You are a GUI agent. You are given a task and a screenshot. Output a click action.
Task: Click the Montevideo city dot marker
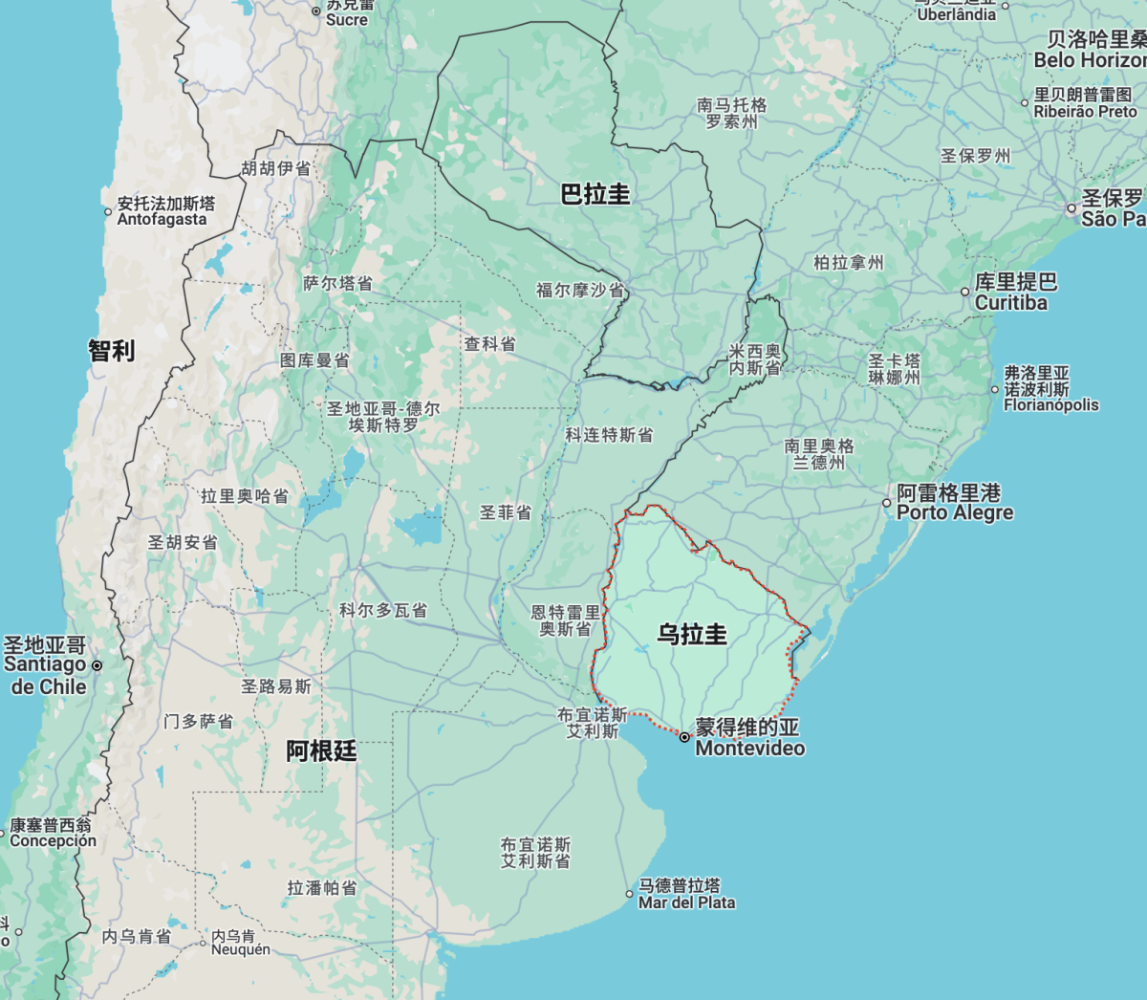[x=684, y=737]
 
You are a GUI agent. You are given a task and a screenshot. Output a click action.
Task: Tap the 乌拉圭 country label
[x=692, y=634]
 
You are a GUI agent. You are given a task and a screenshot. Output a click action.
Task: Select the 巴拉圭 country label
[x=595, y=194]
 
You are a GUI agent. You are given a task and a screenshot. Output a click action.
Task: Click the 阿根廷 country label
[x=321, y=751]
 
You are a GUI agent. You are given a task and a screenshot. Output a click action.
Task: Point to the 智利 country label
[x=112, y=351]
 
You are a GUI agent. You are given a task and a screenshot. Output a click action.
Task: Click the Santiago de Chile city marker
[x=97, y=664]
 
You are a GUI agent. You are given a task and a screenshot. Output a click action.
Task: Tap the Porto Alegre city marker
[x=887, y=503]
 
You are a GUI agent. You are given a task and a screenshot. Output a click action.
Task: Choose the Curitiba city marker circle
[x=965, y=292]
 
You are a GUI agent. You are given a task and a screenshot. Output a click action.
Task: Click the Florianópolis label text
[x=1050, y=405]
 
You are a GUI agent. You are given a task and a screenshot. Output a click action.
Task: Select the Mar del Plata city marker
[x=630, y=894]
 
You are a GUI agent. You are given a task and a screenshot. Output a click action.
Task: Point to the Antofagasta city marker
[x=108, y=212]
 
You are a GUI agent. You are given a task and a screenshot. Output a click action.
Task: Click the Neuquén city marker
[x=204, y=943]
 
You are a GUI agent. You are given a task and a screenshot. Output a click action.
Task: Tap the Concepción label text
[x=53, y=841]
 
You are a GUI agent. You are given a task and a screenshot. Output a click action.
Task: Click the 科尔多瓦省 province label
[x=383, y=610]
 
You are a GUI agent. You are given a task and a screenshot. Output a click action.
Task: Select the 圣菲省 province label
[x=506, y=512]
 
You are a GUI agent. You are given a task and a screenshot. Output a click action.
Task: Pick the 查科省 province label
[x=490, y=344]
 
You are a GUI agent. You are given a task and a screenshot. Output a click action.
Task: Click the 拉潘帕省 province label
[x=322, y=888]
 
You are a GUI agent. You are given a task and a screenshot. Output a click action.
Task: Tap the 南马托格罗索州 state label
[x=732, y=113]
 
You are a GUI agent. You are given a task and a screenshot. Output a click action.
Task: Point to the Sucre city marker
[x=316, y=11]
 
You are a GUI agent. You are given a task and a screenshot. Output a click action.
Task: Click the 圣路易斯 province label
[x=276, y=686]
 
